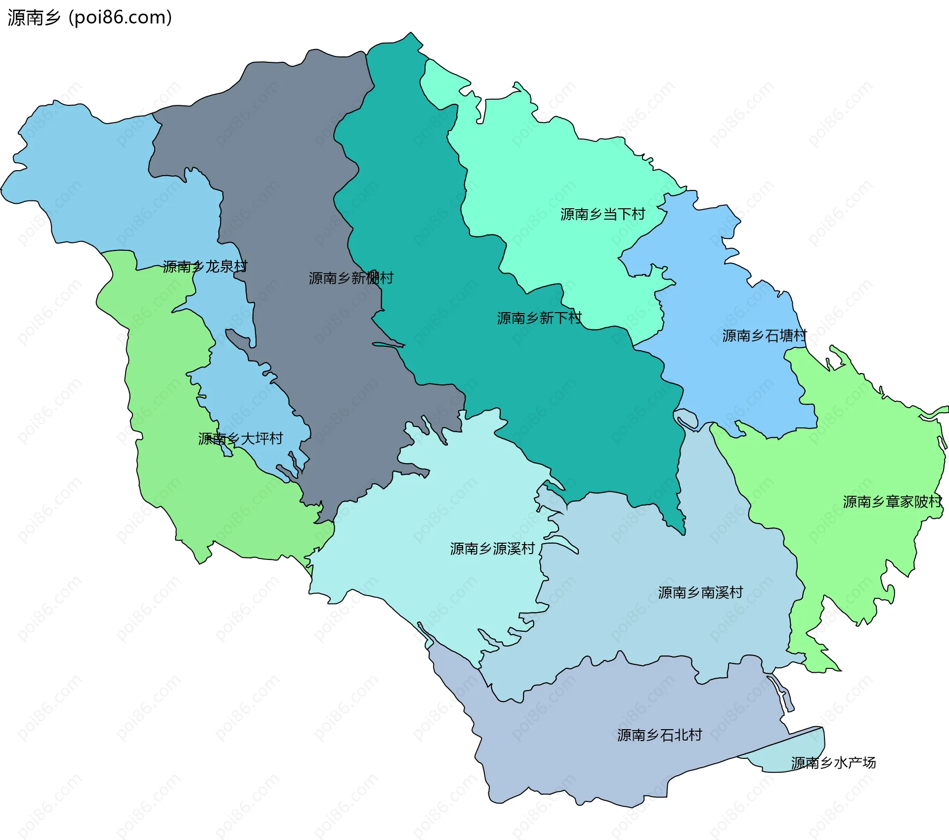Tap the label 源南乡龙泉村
[205, 267]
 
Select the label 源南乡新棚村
[351, 278]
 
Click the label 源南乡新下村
[539, 318]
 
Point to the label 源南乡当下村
[603, 214]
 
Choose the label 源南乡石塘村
[764, 336]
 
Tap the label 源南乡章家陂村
[892, 502]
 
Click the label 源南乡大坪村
[240, 439]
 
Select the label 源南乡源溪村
[492, 549]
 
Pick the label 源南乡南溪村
[700, 593]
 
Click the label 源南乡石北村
[659, 735]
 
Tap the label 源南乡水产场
[833, 763]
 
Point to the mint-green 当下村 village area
[544, 163]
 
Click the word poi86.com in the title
[120, 18]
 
